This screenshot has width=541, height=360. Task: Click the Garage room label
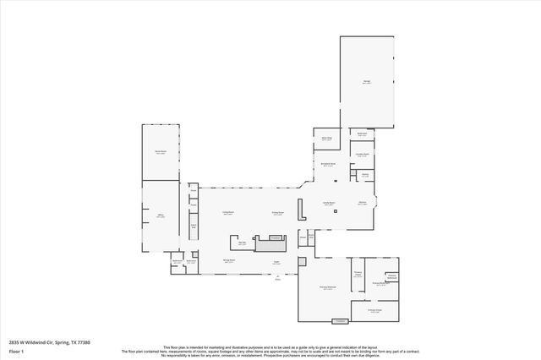[367, 82]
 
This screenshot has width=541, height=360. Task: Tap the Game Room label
[160, 152]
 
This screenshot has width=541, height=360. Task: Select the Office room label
[160, 216]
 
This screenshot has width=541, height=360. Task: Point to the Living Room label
[227, 213]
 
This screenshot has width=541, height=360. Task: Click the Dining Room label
[276, 213]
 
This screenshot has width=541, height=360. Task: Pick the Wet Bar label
[242, 243]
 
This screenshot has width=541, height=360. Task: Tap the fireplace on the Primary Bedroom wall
[340, 321]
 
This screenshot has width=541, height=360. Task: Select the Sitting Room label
[228, 261]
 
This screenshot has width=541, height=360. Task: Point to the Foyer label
[276, 262]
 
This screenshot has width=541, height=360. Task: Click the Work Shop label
[325, 138]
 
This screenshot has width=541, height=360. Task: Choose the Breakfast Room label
[329, 164]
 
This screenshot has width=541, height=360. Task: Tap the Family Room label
[329, 203]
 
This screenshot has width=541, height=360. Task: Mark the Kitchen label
[362, 203]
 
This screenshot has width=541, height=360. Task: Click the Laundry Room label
[362, 155]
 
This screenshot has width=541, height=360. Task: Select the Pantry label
[365, 175]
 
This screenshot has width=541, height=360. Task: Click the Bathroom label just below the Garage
[362, 134]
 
